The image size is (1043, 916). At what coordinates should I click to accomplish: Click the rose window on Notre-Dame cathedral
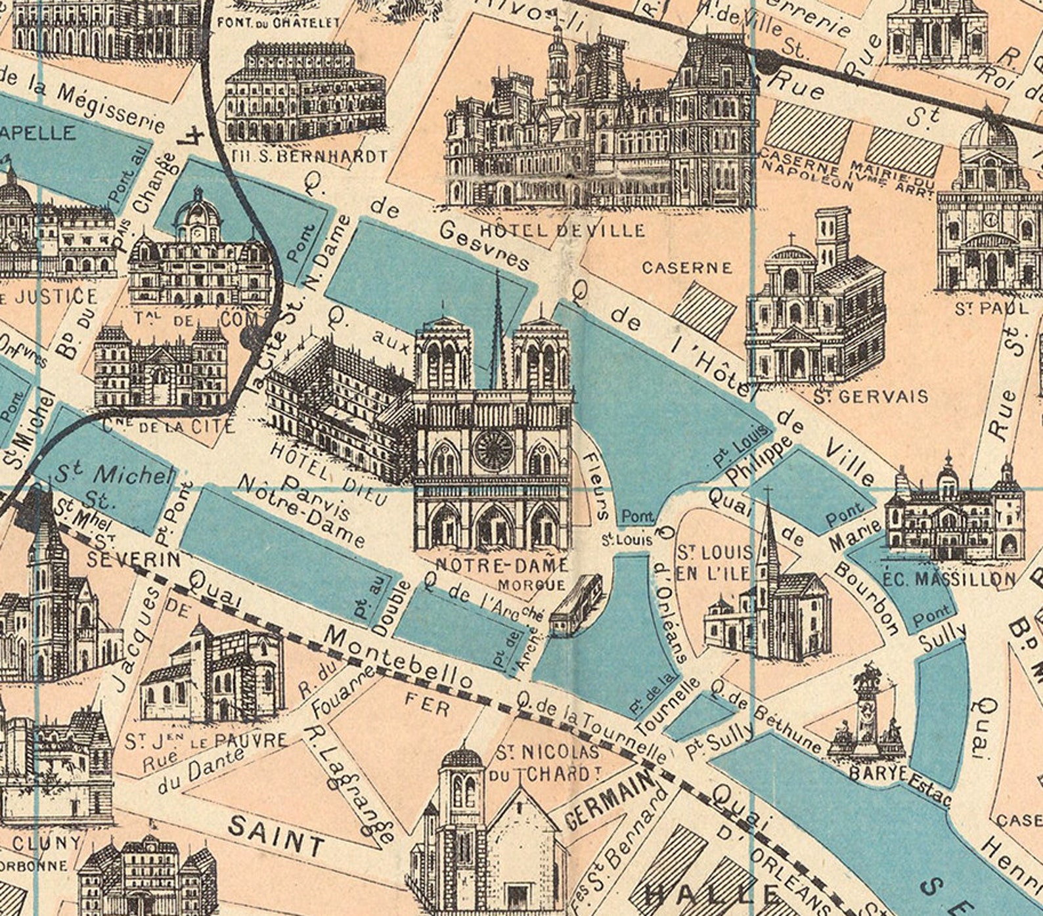coord(493,450)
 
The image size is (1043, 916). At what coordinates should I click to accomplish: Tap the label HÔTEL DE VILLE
coord(564,230)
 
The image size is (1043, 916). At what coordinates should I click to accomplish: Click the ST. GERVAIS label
coord(870,396)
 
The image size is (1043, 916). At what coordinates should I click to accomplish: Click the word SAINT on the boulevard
coord(277,834)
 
